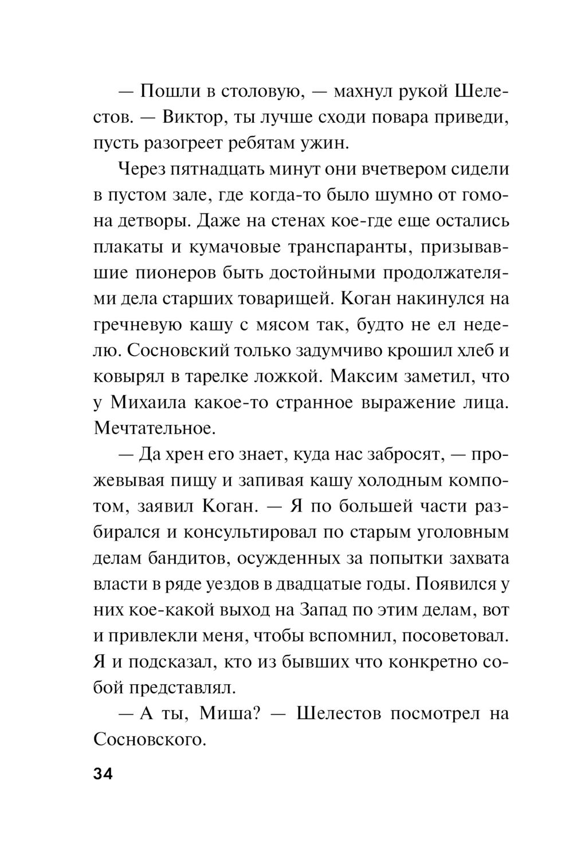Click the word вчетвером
[x=390, y=169]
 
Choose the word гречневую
[x=135, y=325]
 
